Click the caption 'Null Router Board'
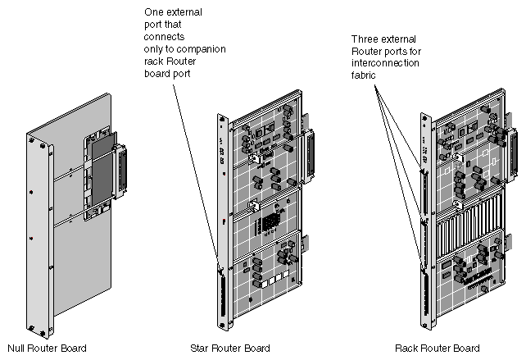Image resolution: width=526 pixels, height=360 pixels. (47, 348)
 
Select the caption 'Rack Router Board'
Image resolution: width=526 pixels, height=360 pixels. (437, 348)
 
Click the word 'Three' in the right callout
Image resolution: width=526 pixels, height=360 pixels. (365, 39)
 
